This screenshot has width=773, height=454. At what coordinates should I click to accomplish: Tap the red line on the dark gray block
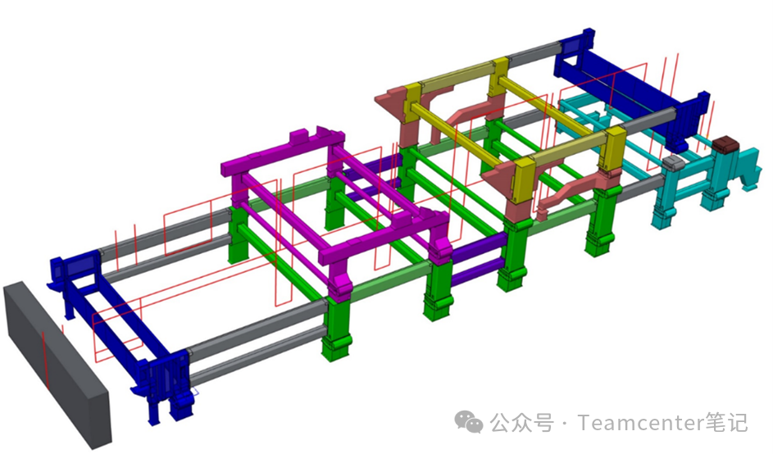[x=45, y=359]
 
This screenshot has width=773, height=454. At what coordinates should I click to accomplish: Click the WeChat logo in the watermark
[x=468, y=423]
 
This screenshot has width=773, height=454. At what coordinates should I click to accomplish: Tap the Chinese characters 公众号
[x=521, y=423]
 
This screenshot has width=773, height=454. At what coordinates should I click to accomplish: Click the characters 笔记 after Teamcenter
[x=726, y=423]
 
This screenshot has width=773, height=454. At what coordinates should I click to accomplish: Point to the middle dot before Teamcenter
[x=565, y=424]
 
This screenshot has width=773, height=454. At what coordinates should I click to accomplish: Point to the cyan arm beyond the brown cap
[x=749, y=166]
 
